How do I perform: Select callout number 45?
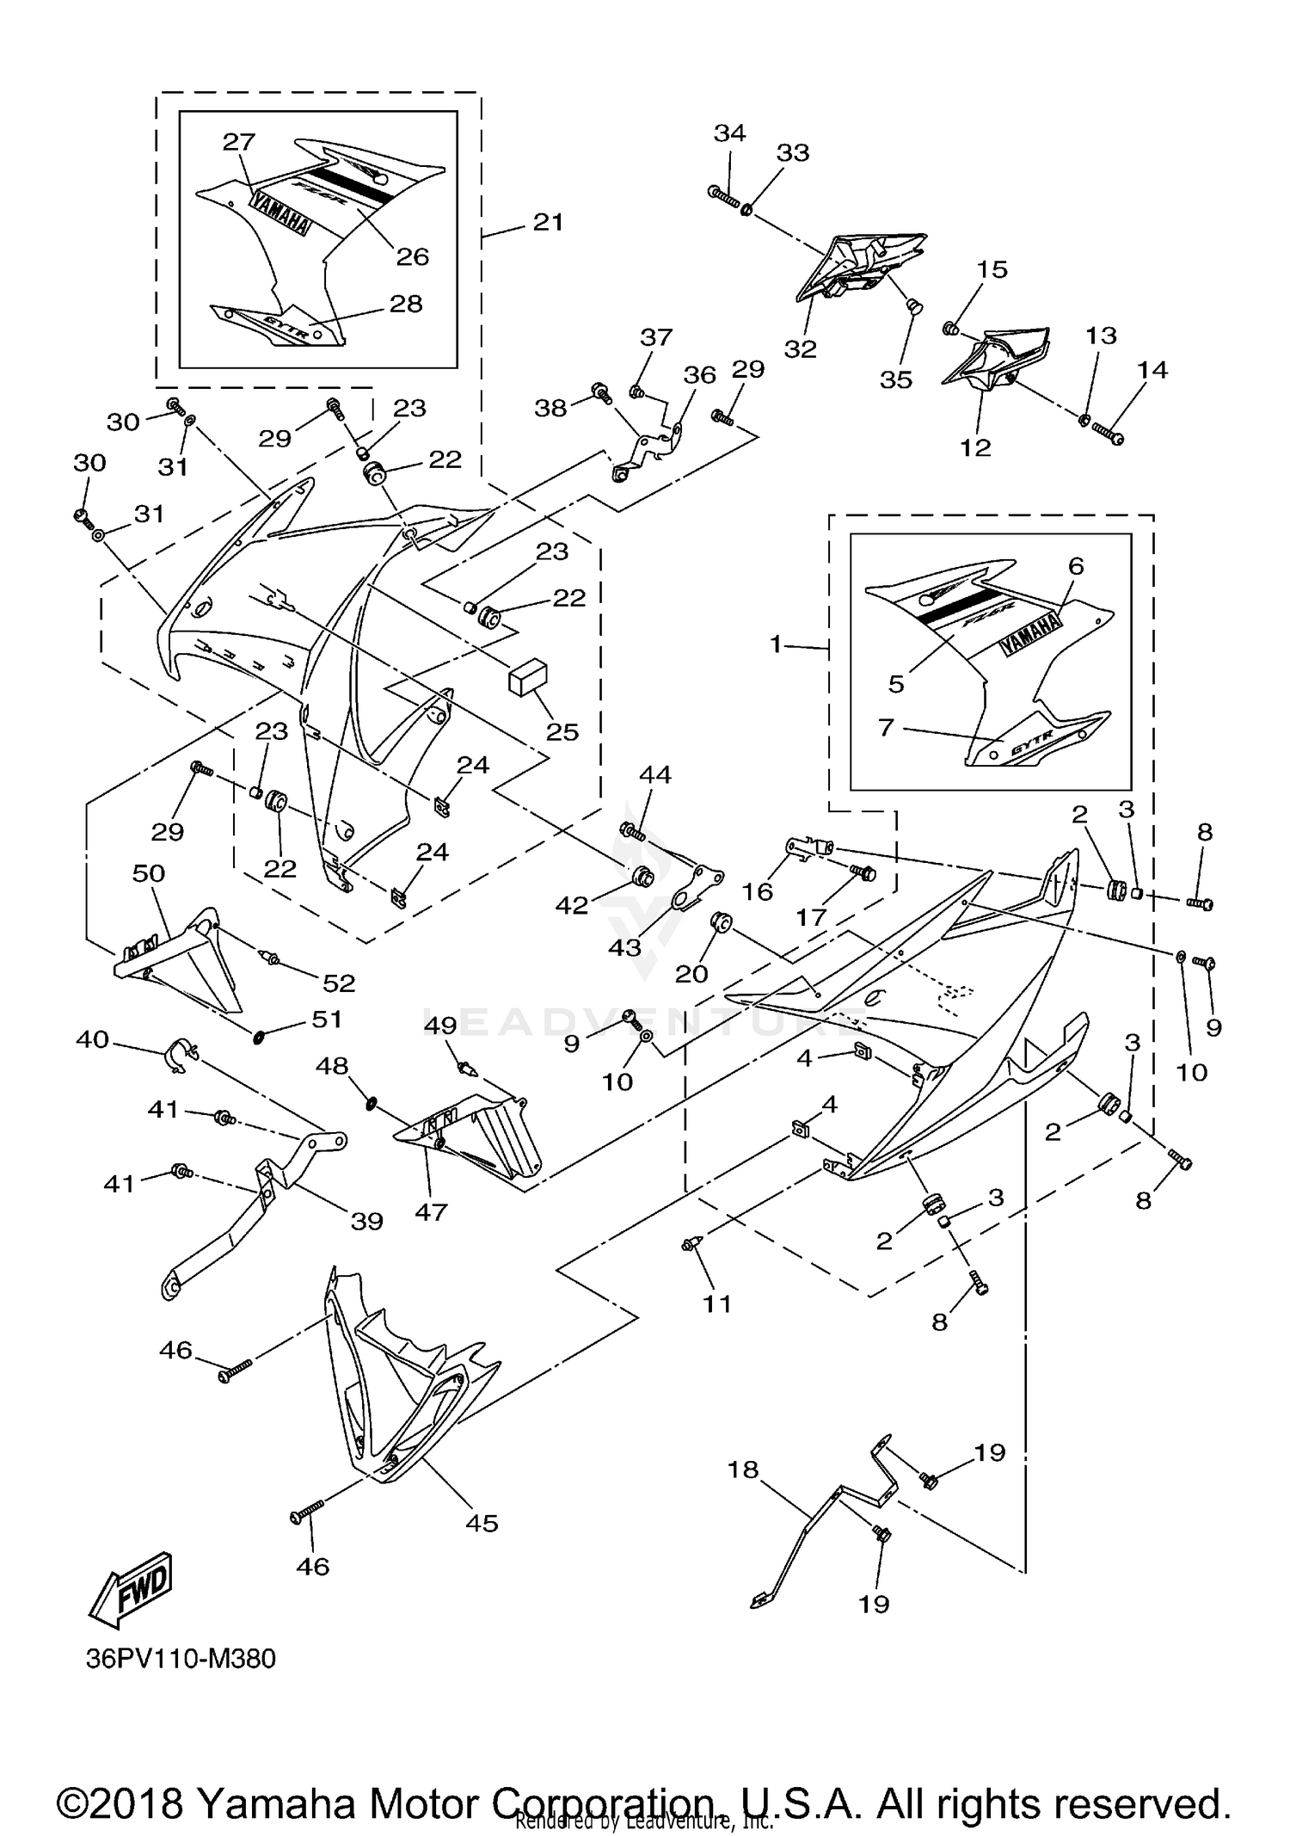pos(482,1523)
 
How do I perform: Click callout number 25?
pos(562,731)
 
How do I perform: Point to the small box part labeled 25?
pos(528,677)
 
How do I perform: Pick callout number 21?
pos(549,222)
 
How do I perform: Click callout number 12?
pos(975,447)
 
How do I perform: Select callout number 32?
pos(800,348)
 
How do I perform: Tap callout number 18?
pos(743,1469)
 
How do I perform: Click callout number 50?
pos(148,873)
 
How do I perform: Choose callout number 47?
pos(431,1211)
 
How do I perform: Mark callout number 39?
pos(367,1221)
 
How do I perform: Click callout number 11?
pos(716,1303)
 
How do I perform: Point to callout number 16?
pos(758,891)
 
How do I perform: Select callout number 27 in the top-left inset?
pos(239,142)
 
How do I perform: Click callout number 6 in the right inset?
pos(1076,565)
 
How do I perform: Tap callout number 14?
pos(1152,370)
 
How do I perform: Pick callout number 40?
pos(93,1039)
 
